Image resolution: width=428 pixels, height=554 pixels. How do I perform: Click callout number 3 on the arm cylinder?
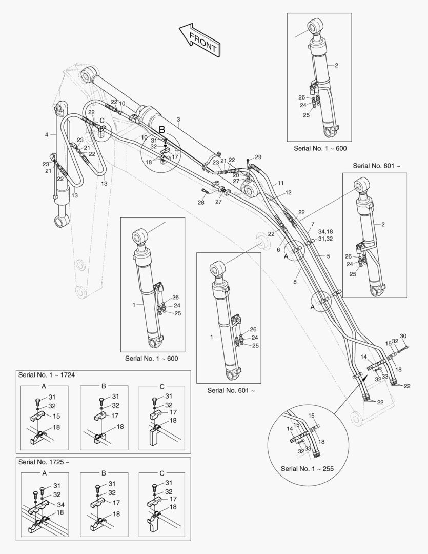click(178, 120)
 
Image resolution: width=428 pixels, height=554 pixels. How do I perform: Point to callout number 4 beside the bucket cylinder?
click(47, 134)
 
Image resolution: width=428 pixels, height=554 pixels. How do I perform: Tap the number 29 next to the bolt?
click(258, 157)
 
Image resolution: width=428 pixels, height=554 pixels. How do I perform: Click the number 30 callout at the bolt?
click(403, 336)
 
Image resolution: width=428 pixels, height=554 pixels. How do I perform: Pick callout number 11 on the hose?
click(280, 183)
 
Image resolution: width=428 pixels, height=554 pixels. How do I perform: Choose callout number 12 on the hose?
click(288, 192)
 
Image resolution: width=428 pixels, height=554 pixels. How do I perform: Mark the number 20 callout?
click(236, 175)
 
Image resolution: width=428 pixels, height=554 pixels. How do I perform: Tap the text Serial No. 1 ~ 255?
click(307, 469)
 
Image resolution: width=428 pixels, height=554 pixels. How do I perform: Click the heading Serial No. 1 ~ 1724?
click(46, 375)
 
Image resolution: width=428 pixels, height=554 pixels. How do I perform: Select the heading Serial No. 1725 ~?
click(43, 462)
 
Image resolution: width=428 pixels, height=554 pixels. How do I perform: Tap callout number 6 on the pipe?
click(278, 250)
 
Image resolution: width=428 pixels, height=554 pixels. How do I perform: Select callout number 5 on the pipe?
click(329, 255)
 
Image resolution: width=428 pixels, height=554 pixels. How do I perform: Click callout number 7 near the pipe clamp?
click(313, 224)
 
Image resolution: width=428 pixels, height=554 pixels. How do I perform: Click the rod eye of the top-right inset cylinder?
click(315, 26)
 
